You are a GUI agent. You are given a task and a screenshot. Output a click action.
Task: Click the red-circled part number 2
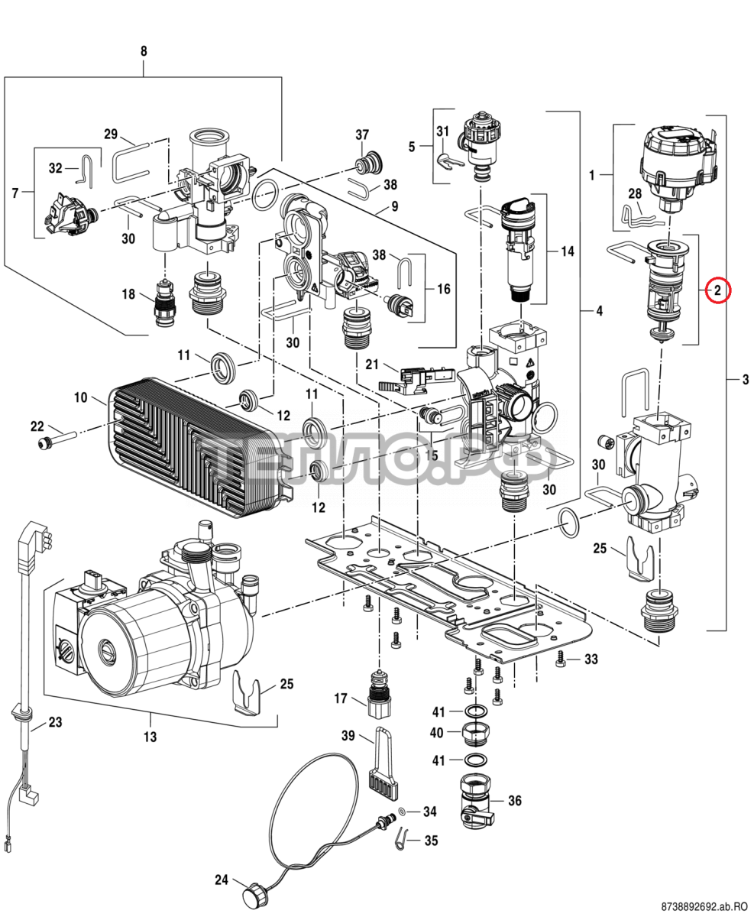pos(718,290)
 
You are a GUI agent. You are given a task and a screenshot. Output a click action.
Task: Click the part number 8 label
pos(144,51)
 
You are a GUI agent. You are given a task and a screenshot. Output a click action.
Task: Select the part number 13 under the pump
pos(150,737)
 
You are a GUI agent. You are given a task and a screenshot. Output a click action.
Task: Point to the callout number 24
pos(221,880)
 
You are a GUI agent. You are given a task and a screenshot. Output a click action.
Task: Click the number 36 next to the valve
pos(515,801)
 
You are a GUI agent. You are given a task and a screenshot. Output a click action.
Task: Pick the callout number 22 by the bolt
pos(37,426)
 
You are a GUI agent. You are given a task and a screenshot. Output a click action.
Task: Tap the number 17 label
pos(341,698)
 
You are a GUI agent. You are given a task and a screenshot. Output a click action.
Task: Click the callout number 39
pos(348,736)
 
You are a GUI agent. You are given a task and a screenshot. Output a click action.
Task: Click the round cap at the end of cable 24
pos(253,893)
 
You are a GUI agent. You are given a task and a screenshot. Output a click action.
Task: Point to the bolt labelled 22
pos(53,441)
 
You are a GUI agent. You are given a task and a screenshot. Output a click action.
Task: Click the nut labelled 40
pos(477,734)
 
